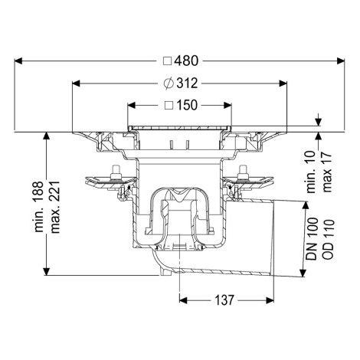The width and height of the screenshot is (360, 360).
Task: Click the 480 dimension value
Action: (x=186, y=61)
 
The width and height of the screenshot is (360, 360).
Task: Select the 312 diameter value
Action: (x=187, y=83)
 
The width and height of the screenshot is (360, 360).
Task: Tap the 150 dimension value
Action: (x=187, y=105)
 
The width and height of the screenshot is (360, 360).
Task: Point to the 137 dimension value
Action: (x=224, y=300)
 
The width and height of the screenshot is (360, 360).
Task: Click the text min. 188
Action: (x=39, y=207)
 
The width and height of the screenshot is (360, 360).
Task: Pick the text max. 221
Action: (x=55, y=207)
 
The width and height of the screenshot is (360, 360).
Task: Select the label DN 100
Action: (x=313, y=239)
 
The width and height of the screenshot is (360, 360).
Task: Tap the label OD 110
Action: (x=329, y=239)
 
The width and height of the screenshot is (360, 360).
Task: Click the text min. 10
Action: (x=311, y=172)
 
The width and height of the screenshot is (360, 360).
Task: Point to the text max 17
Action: (x=327, y=172)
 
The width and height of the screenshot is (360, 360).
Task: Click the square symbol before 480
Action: (x=168, y=61)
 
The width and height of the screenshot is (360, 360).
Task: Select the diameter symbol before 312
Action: (x=169, y=83)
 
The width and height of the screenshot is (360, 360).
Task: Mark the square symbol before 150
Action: (x=169, y=105)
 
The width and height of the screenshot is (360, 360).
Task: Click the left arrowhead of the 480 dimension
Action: (x=18, y=61)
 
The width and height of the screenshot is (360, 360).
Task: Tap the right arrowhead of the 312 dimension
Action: (x=283, y=83)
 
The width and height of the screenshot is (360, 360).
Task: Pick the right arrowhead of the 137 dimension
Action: (x=270, y=300)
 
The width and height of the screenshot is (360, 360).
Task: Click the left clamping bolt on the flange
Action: (x=116, y=172)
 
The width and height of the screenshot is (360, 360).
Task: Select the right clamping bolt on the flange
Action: (x=242, y=172)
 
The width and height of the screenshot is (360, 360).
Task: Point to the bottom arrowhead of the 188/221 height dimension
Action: (x=46, y=271)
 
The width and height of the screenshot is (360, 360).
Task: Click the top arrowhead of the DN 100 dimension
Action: (x=304, y=205)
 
